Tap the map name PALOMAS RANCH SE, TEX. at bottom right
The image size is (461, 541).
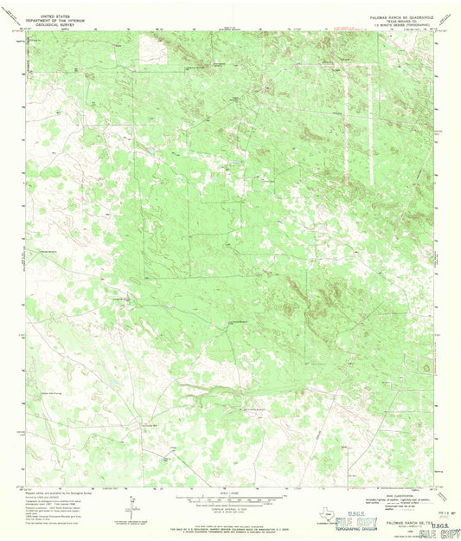point(405,522)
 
